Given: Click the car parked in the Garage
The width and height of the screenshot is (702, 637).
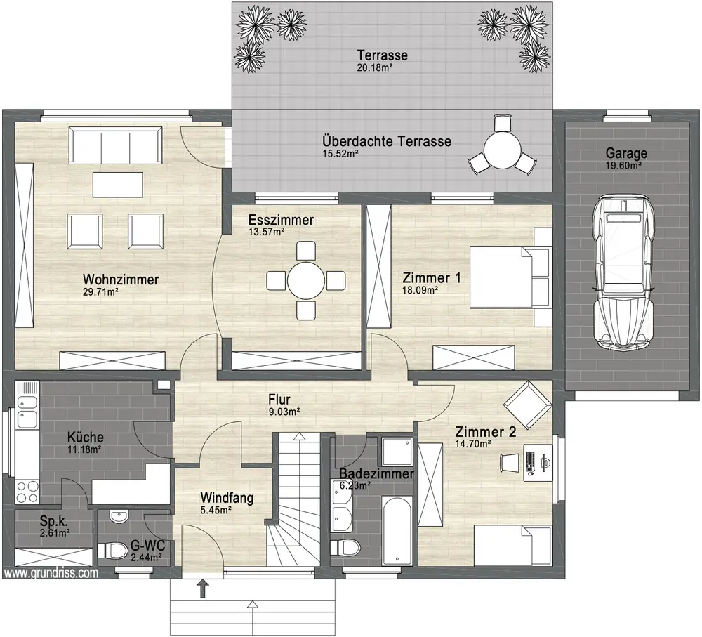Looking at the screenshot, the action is [623, 272].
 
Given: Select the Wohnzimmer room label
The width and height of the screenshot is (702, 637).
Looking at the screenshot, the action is [121, 280].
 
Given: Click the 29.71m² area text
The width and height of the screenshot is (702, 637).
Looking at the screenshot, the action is [100, 292].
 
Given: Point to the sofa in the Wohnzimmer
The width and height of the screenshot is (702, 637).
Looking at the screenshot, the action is [116, 145].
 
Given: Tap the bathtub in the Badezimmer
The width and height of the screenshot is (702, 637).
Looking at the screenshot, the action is [397, 531].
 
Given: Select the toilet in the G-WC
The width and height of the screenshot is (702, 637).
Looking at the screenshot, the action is [112, 550].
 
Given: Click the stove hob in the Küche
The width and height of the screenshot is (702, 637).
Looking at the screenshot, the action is [27, 492].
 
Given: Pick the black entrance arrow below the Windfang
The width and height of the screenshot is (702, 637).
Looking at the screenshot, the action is [203, 589].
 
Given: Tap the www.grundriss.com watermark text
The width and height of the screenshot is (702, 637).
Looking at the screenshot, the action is [51, 573].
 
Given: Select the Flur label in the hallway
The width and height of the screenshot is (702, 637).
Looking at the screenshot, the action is [279, 399].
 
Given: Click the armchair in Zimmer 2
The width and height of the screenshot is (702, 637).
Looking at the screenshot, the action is [527, 405].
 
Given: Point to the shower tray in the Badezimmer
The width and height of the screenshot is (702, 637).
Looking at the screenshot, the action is [397, 452].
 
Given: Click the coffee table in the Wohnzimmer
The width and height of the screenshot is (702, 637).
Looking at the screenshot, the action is [118, 185].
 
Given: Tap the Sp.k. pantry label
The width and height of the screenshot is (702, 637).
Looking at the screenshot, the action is [54, 521].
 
